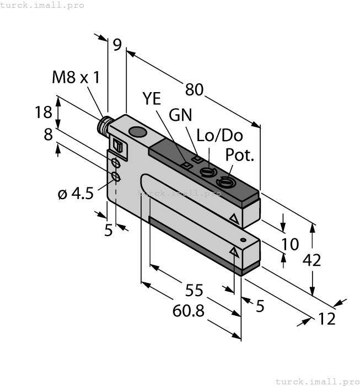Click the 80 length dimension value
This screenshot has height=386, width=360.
194,89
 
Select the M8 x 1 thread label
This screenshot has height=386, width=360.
76,77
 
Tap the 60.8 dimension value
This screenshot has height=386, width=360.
189,312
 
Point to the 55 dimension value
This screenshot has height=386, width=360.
194,289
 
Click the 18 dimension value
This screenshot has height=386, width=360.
44,112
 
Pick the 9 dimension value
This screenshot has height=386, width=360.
117,45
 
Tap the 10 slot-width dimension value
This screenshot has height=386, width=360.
291,244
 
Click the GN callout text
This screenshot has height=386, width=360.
181,115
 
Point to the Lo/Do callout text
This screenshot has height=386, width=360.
219,136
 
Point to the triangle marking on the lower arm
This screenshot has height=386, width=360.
234,253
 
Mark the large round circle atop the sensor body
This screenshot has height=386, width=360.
136,132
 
